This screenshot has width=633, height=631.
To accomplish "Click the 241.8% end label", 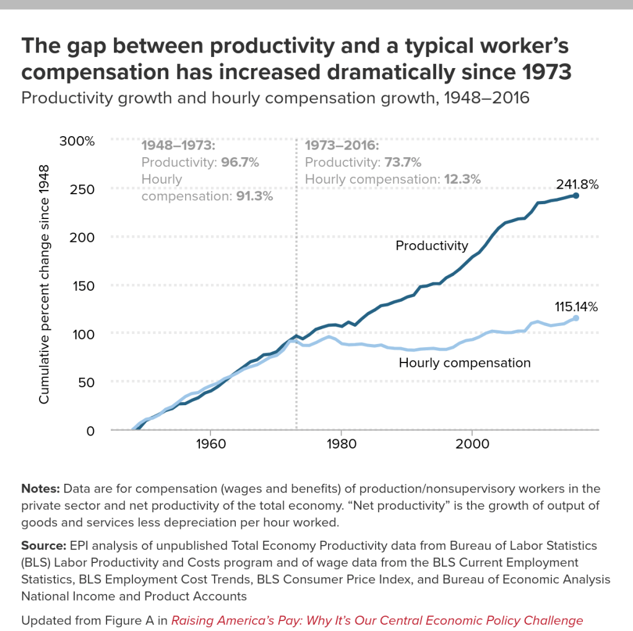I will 577,184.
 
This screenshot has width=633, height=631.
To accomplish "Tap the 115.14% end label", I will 576,306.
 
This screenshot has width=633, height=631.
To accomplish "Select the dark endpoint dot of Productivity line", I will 576,195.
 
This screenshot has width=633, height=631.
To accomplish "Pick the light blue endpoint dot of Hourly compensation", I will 576,318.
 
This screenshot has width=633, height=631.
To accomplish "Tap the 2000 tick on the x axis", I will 472,445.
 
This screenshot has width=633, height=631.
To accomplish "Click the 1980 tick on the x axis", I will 341,445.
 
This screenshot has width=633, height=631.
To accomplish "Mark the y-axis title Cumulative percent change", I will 45,284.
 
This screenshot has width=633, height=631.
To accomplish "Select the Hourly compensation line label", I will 465,363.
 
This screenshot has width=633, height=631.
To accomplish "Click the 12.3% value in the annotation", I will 462,179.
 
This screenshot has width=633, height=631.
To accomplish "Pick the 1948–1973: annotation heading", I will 178,147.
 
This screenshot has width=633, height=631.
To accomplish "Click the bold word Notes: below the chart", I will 40,489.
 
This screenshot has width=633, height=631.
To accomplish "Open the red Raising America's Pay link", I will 377,620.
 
